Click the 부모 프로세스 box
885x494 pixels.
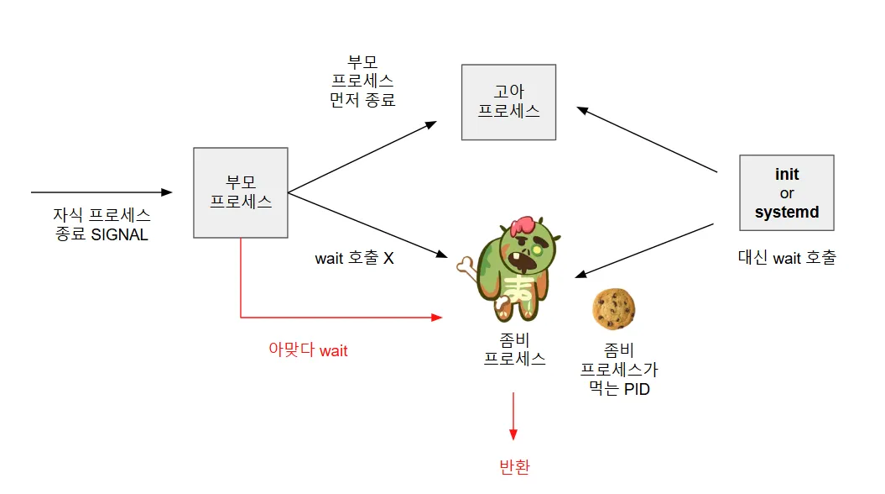240,192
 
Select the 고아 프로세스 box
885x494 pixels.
508,102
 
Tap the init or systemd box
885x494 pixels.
786,192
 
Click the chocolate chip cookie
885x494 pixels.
613,308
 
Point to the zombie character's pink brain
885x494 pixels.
524,225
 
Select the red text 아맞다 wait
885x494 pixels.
308,350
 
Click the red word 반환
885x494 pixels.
513,467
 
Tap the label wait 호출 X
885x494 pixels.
354,258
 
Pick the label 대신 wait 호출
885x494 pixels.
786,258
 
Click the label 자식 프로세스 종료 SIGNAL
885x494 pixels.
102,225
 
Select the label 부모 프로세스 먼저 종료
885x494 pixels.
362,81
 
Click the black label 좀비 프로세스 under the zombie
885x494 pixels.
514,349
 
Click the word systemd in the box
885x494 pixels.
786,212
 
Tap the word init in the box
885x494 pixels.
787,175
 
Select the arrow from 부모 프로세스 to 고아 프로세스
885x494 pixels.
362,156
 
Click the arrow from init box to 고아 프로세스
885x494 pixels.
647,139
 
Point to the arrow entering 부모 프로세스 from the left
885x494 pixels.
101,192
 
